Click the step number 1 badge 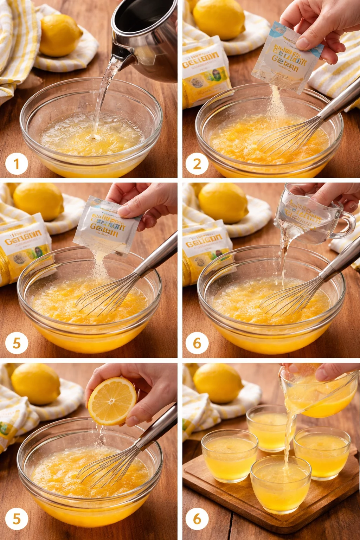click(x=17, y=164)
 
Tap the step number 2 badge click(x=197, y=164)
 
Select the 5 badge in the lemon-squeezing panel click(x=17, y=519)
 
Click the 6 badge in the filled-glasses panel click(x=197, y=519)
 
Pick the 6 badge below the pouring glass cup click(x=197, y=343)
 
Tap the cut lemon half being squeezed click(x=112, y=401)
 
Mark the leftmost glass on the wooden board click(x=229, y=455)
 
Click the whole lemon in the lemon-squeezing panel click(x=35, y=384)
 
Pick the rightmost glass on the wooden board click(x=322, y=452)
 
